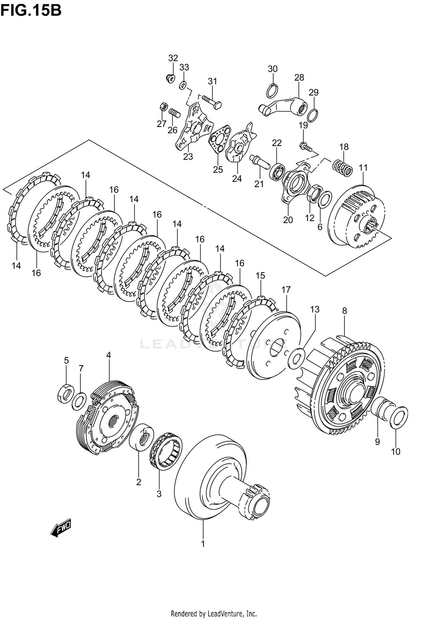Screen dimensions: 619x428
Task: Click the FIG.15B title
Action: point(31,11)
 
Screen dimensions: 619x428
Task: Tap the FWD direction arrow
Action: point(61,530)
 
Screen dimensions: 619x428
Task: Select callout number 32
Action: point(173,58)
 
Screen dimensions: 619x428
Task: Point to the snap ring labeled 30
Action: point(272,91)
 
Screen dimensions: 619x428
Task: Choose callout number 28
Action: point(299,77)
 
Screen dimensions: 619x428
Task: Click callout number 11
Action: point(363,168)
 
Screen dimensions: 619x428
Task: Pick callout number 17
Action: point(286,290)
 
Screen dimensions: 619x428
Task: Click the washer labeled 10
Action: point(399,418)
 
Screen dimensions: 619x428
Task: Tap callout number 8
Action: point(344,311)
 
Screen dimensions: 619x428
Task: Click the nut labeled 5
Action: point(66,394)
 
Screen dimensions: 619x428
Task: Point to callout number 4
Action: point(108,355)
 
